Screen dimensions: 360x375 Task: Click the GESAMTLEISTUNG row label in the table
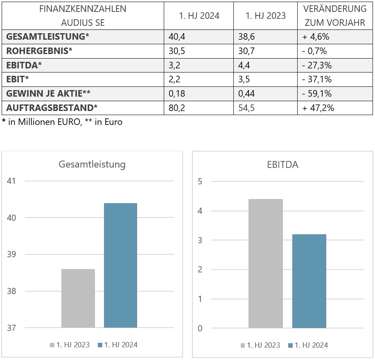point(47,36)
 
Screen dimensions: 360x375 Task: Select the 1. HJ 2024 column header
point(199,16)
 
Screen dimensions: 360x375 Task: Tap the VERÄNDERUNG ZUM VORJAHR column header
point(334,16)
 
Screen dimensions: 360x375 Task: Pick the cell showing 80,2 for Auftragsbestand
point(177,108)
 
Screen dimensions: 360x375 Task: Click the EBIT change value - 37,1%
point(316,79)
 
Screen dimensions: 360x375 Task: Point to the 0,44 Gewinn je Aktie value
point(246,94)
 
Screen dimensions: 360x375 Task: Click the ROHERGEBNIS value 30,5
point(177,51)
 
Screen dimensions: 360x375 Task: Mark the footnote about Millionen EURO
point(62,122)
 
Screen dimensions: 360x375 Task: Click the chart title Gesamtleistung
point(92,165)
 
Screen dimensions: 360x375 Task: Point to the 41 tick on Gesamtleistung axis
point(11,181)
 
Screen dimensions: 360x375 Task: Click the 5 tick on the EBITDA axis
point(200,181)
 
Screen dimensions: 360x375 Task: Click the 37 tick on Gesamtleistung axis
point(11,328)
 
